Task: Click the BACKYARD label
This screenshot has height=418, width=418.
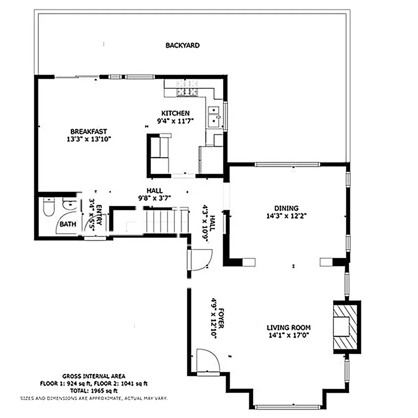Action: (182, 46)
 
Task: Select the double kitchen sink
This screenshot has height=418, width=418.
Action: (215, 116)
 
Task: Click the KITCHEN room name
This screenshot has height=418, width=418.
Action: (176, 113)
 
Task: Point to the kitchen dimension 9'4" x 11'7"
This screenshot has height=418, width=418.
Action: (176, 121)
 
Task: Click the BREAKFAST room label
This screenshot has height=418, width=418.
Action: (89, 131)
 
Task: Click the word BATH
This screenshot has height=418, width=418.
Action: (67, 225)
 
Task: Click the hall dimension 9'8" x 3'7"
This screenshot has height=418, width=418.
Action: (154, 198)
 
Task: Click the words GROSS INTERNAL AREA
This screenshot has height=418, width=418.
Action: (93, 376)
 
